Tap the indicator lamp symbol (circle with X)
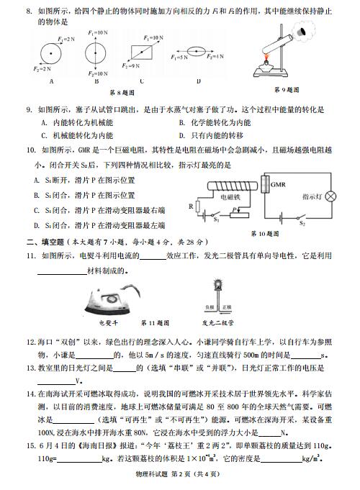pyautogui.click(x=330, y=195)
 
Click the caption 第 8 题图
pyautogui.click(x=122, y=92)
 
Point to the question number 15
pyautogui.click(x=32, y=446)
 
